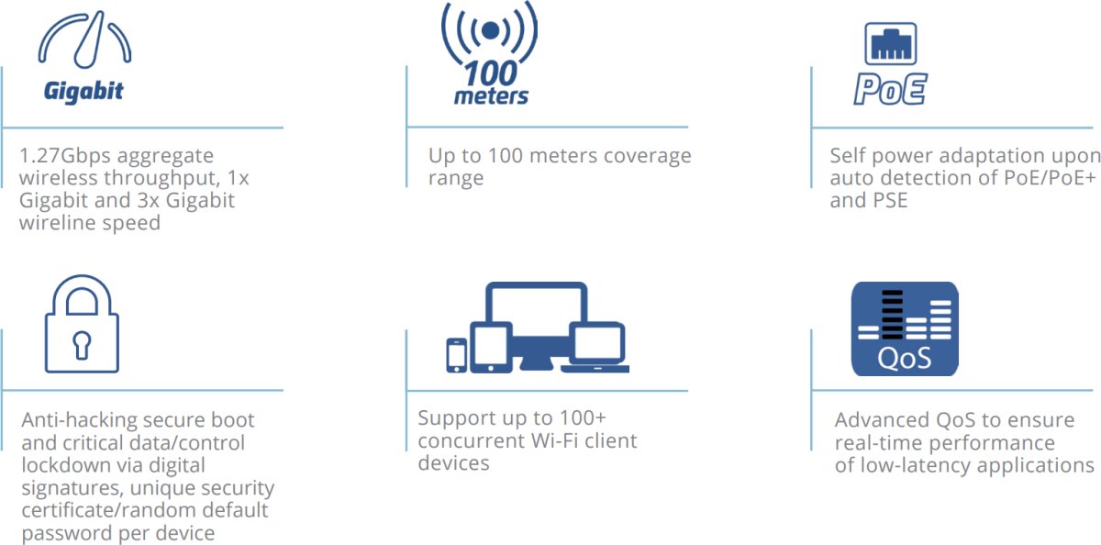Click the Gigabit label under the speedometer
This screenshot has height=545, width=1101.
click(83, 92)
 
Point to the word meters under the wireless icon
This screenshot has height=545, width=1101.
click(491, 96)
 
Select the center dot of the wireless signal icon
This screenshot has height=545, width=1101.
click(491, 30)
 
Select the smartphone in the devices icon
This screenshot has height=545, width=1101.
click(456, 355)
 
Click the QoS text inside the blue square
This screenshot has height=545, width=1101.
click(904, 357)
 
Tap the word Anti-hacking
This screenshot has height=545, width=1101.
click(80, 420)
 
